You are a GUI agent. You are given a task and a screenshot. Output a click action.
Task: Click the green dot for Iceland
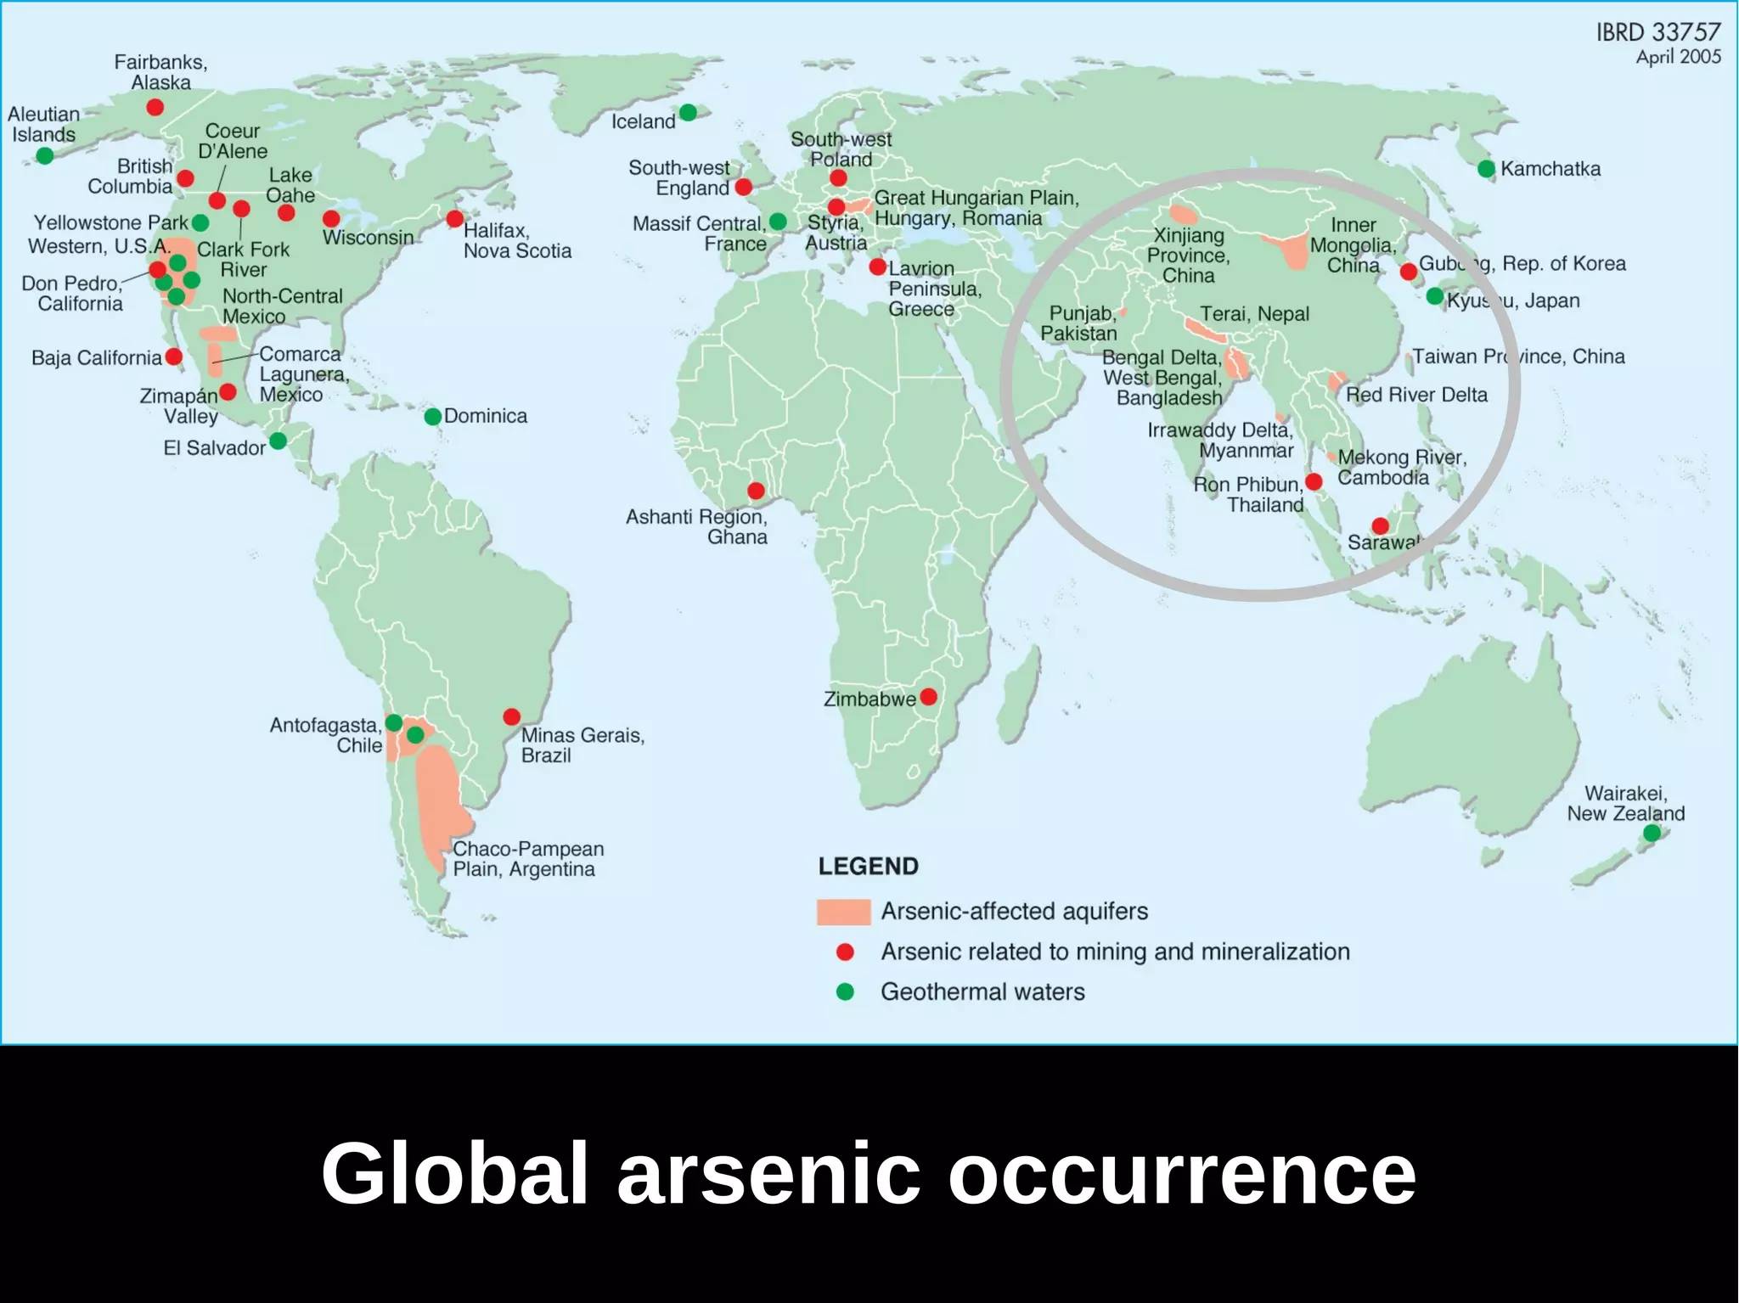[688, 113]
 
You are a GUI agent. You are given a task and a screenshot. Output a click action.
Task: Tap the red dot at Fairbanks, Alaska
[155, 107]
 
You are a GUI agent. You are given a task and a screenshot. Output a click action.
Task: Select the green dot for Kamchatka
[1486, 169]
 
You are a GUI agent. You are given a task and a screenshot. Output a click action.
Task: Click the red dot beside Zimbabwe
[929, 697]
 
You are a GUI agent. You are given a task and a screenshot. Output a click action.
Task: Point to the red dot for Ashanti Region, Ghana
[756, 491]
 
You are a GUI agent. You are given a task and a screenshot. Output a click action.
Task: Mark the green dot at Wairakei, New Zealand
[1652, 834]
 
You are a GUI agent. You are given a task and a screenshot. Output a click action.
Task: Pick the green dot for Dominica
[433, 417]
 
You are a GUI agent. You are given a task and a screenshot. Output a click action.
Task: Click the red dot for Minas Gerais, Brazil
[511, 717]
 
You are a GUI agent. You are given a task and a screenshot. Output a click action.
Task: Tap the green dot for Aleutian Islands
[45, 155]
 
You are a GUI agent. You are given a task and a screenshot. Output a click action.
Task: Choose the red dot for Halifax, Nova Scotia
[455, 218]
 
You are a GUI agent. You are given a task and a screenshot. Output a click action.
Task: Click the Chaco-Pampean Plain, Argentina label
[528, 859]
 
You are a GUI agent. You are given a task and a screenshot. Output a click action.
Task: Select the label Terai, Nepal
[1254, 314]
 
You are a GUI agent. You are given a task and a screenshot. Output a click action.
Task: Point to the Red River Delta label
[1416, 395]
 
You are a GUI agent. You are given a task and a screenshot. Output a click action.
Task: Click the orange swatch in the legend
[843, 912]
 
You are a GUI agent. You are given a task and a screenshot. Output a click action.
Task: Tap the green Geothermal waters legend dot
[845, 991]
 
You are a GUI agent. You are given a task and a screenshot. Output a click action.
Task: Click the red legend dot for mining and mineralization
[845, 952]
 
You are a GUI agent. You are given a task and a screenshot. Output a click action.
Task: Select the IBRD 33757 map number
[1657, 32]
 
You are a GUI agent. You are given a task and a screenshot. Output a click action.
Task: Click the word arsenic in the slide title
[768, 1173]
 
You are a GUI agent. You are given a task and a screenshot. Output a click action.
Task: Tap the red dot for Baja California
[174, 357]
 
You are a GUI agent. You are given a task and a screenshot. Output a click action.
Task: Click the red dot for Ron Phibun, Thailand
[1314, 482]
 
